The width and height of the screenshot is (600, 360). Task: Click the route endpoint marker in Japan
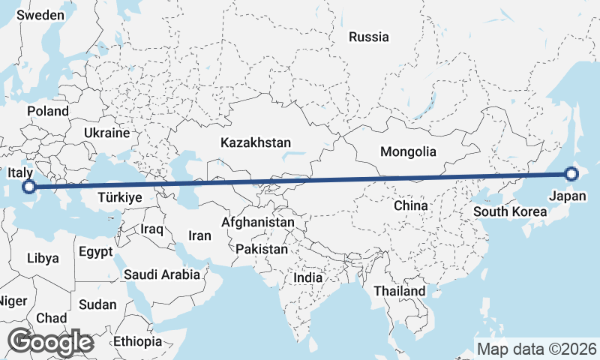(x=571, y=174)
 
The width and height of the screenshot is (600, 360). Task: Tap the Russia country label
(x=369, y=36)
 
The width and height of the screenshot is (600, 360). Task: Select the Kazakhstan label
(x=256, y=142)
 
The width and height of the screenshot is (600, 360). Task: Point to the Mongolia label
(x=408, y=151)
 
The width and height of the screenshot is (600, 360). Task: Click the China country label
(x=411, y=205)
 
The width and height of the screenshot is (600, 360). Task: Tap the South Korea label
(x=510, y=211)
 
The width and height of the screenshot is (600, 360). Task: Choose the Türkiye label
(x=121, y=198)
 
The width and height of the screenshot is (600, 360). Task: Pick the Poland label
(x=48, y=111)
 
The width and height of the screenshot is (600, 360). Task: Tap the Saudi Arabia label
(x=162, y=274)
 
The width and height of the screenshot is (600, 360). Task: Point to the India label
(x=307, y=277)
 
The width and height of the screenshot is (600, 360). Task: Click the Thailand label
(x=400, y=291)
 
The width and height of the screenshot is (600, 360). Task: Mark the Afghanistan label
(x=258, y=222)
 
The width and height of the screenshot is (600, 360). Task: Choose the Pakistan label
(x=261, y=249)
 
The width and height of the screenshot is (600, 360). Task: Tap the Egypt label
(x=95, y=251)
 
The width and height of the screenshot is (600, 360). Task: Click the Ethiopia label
(x=138, y=341)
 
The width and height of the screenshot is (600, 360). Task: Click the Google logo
(x=50, y=342)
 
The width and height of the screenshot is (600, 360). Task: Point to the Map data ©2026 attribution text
(x=537, y=349)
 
